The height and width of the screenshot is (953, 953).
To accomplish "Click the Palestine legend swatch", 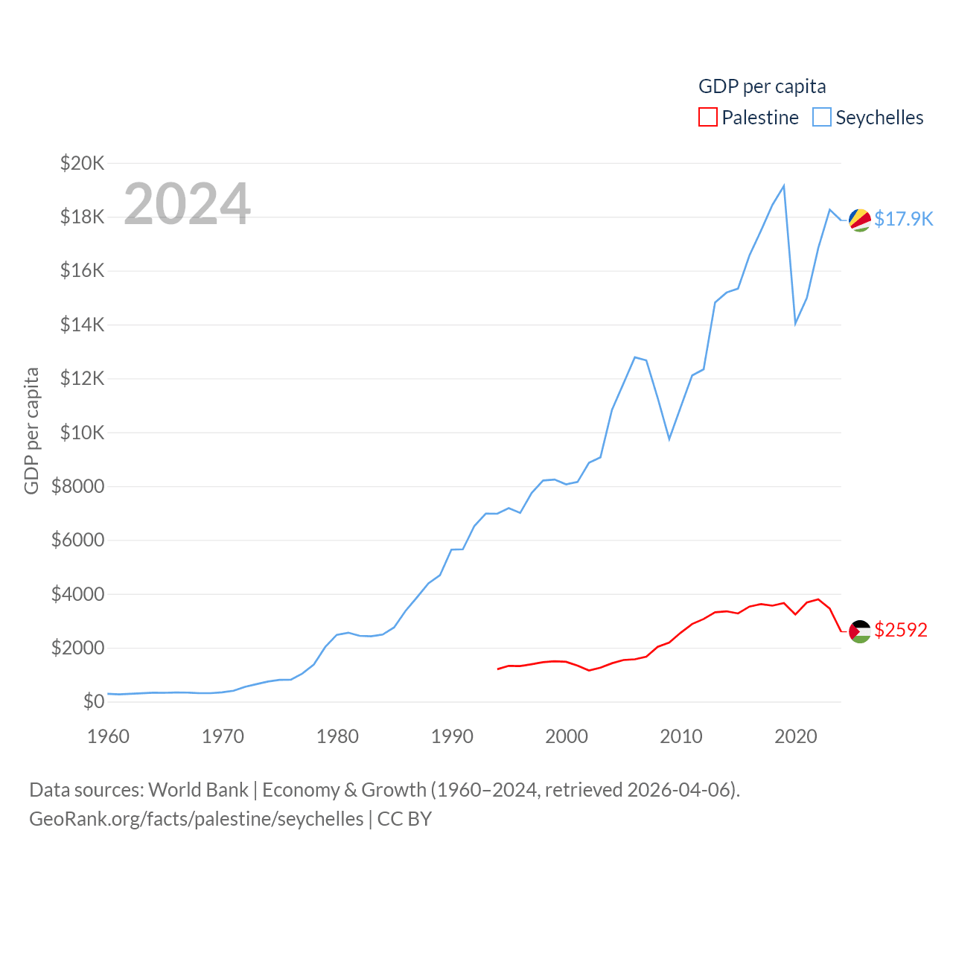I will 707,118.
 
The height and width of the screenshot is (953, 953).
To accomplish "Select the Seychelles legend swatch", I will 821,118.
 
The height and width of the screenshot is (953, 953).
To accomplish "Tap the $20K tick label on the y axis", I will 82,163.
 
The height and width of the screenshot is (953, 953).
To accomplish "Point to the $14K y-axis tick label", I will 82,325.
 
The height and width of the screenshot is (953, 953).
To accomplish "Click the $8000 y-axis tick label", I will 77,486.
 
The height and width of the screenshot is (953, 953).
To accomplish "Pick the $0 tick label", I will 93,701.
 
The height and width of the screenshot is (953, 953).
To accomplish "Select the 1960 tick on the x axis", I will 108,736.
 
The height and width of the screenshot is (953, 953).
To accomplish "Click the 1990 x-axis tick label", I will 452,736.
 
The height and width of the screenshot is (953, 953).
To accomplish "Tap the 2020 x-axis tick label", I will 796,736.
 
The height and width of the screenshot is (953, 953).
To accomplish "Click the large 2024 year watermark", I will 187,204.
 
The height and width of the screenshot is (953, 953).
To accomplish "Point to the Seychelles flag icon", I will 860,220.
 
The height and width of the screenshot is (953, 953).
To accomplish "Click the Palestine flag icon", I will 860,631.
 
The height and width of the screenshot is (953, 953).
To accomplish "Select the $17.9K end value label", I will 903,219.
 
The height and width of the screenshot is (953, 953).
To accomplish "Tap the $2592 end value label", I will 901,630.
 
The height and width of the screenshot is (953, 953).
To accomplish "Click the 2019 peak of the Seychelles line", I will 784,186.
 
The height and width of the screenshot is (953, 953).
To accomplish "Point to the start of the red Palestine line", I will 498,669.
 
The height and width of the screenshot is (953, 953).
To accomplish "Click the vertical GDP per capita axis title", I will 31,430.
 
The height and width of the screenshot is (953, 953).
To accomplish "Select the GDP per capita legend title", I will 762,86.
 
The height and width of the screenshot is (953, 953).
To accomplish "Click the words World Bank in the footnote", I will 198,789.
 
